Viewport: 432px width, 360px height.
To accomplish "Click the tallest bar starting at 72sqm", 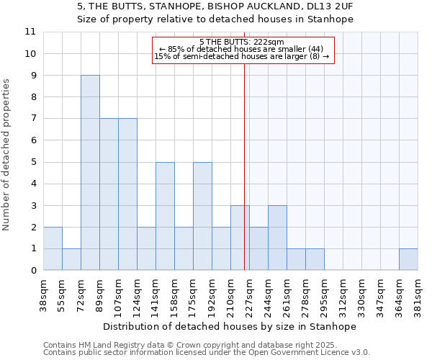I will tap(90, 173).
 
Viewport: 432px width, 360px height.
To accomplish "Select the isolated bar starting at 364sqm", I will tap(408, 259).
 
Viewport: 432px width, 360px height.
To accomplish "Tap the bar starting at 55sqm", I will tap(71, 259).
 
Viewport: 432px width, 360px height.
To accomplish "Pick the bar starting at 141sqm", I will tap(165, 216).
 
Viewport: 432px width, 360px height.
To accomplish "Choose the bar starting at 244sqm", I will tap(277, 238).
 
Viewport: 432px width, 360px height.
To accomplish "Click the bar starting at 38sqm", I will tap(53, 248).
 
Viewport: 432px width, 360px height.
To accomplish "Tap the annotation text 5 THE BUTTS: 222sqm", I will tap(242, 42).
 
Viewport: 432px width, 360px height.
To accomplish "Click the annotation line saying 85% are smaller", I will tap(242, 49).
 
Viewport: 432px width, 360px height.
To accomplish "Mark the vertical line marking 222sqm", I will tap(244, 166).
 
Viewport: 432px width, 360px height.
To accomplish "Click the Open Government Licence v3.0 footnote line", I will tap(207, 353).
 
